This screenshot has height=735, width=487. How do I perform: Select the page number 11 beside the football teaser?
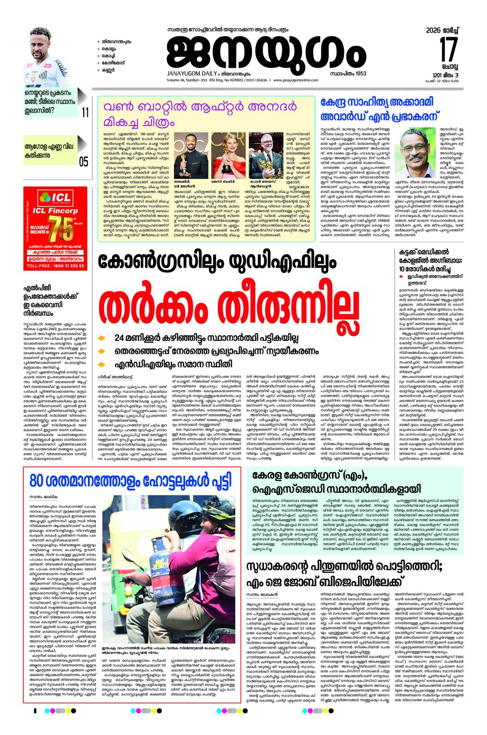(x=85, y=112)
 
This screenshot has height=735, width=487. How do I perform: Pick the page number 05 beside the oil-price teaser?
(x=83, y=162)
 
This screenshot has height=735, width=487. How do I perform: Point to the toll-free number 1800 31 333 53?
(x=55, y=266)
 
